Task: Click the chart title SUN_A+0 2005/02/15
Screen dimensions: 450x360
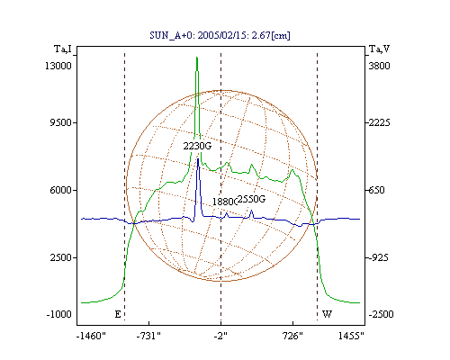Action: pyautogui.click(x=220, y=35)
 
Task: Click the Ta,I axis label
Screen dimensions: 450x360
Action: pyautogui.click(x=63, y=49)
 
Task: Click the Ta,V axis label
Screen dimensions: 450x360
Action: pyautogui.click(x=379, y=49)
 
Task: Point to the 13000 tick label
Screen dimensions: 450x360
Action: pyautogui.click(x=58, y=66)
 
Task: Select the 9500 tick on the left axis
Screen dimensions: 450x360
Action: pyautogui.click(x=60, y=122)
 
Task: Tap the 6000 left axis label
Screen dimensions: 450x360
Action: pyautogui.click(x=60, y=190)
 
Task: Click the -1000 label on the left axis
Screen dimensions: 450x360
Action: pyautogui.click(x=58, y=314)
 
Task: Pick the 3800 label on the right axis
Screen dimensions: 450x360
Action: pyautogui.click(x=379, y=66)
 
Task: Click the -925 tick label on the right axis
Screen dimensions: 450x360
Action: pyautogui.click(x=378, y=257)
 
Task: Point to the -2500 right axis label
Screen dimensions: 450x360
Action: pyautogui.click(x=381, y=314)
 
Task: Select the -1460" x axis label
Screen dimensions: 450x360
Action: pyautogui.click(x=91, y=336)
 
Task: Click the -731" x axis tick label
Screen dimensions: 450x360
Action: pyautogui.click(x=148, y=336)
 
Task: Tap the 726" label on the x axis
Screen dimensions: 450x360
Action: pyautogui.click(x=292, y=336)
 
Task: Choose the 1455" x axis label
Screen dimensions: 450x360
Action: pyautogui.click(x=351, y=336)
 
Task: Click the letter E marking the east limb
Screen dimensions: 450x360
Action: pyautogui.click(x=118, y=314)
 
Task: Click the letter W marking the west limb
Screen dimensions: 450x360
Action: pyautogui.click(x=327, y=314)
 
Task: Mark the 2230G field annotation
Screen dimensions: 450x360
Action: pyautogui.click(x=197, y=146)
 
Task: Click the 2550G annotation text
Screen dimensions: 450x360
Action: pyautogui.click(x=251, y=199)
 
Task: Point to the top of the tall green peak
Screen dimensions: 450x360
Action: pyautogui.click(x=197, y=57)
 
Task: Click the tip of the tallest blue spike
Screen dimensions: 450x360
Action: pyautogui.click(x=198, y=158)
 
